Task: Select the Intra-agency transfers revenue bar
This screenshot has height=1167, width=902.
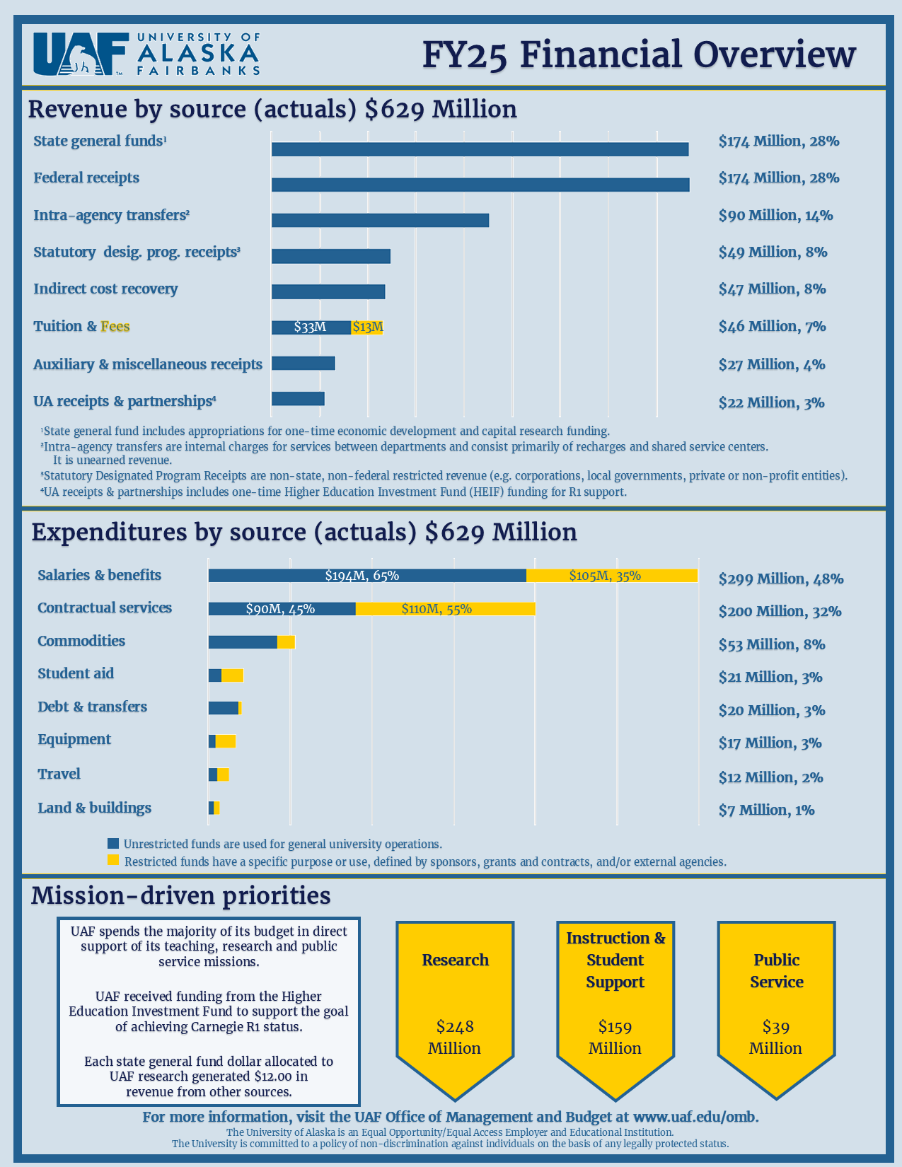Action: click(380, 220)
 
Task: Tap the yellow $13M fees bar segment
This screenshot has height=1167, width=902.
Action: click(367, 327)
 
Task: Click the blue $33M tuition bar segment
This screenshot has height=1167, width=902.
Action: click(311, 327)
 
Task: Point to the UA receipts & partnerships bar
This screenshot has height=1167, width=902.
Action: click(298, 398)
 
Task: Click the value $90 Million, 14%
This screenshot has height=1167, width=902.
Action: click(775, 215)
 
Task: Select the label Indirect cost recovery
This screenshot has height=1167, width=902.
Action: click(105, 289)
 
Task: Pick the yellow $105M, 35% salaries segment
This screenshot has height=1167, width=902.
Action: click(611, 576)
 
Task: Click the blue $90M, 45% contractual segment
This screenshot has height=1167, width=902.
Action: click(282, 609)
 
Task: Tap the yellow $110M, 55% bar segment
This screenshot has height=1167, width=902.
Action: click(445, 609)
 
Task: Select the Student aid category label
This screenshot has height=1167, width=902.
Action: click(76, 673)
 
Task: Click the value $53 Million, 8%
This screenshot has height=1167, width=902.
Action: click(771, 644)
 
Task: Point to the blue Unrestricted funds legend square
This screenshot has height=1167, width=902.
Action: click(113, 843)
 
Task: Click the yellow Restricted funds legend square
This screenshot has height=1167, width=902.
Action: click(113, 860)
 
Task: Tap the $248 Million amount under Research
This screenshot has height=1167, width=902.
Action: click(455, 1037)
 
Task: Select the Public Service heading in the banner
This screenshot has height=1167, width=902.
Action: click(776, 970)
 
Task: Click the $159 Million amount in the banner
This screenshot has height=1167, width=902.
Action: click(615, 1037)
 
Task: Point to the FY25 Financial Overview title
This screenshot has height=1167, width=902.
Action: click(639, 54)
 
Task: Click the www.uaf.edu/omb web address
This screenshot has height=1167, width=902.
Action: click(695, 1117)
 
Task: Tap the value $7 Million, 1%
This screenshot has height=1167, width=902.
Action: click(766, 810)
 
